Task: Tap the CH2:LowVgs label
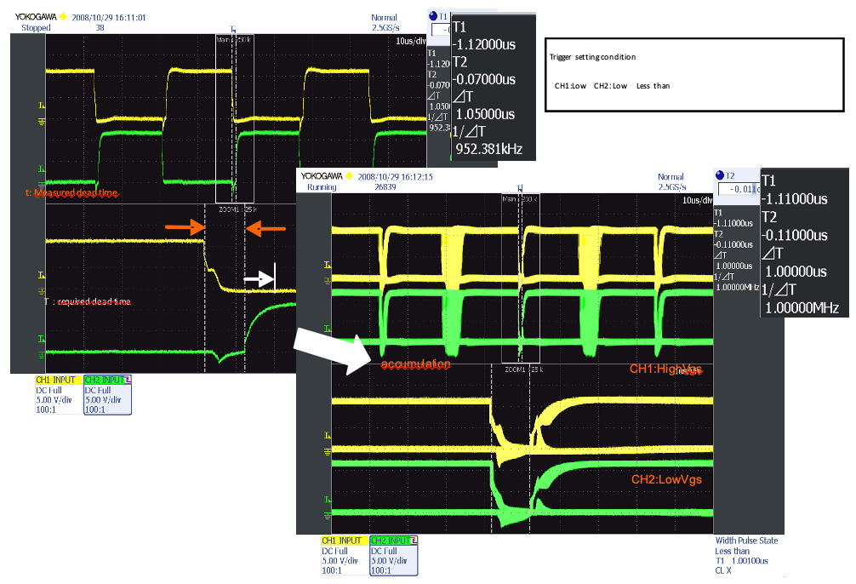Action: (666, 479)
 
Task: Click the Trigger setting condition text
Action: (593, 57)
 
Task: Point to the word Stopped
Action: (36, 28)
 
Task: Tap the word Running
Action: (321, 187)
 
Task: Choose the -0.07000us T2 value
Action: (484, 79)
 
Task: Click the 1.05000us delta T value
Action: (485, 114)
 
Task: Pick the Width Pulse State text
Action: (746, 541)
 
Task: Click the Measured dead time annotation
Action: (71, 193)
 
